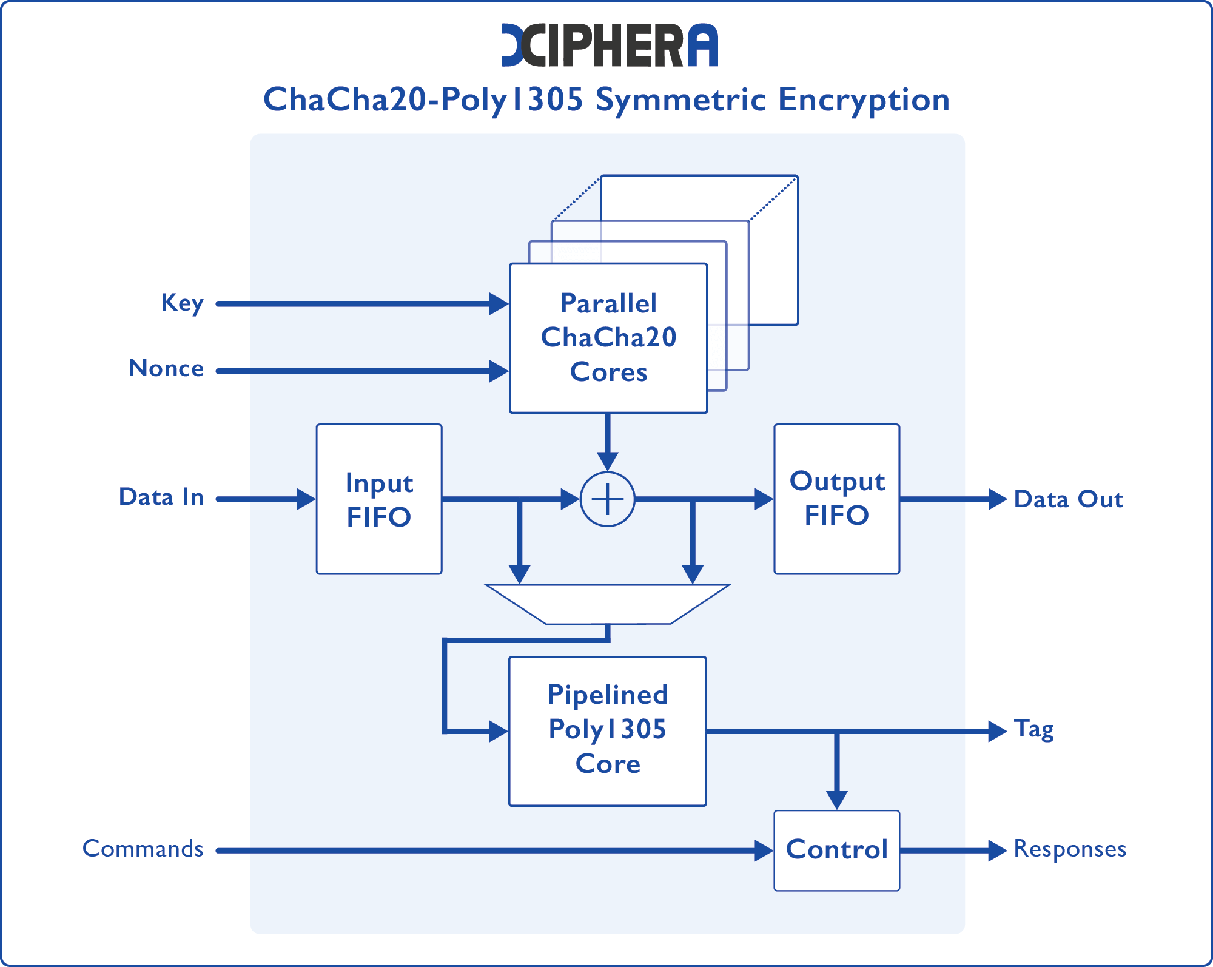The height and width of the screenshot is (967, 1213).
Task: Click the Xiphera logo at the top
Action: pyautogui.click(x=609, y=45)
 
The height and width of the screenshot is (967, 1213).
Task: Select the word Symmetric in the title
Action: pyautogui.click(x=680, y=100)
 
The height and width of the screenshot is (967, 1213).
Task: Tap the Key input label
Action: pyautogui.click(x=182, y=303)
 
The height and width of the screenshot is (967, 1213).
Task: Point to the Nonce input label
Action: pyautogui.click(x=166, y=369)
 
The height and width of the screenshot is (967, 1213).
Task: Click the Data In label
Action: pyautogui.click(x=161, y=497)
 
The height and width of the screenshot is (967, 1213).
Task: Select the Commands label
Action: pyautogui.click(x=143, y=849)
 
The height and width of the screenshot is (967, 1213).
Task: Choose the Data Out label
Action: pyautogui.click(x=1069, y=499)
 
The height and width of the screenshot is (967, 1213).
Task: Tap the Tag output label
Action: pyautogui.click(x=1033, y=730)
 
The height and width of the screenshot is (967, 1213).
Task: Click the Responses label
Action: pyautogui.click(x=1070, y=849)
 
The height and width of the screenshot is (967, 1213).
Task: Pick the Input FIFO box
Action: pyautogui.click(x=379, y=499)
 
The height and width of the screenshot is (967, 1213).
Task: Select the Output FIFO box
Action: pyautogui.click(x=836, y=499)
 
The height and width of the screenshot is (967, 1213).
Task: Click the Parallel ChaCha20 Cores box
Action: pyautogui.click(x=608, y=338)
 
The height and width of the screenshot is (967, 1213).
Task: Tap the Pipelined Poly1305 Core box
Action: pyautogui.click(x=607, y=730)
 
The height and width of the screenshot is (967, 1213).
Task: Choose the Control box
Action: pyautogui.click(x=836, y=850)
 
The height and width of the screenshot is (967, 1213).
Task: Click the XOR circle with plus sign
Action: pyautogui.click(x=607, y=499)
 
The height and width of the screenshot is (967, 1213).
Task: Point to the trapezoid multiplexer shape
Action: pyautogui.click(x=607, y=604)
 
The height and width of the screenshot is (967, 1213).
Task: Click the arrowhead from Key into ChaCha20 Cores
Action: pyautogui.click(x=499, y=303)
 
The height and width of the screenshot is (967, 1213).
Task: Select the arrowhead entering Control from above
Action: pyautogui.click(x=836, y=800)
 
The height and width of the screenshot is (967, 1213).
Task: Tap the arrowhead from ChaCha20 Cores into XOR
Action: pyautogui.click(x=607, y=460)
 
